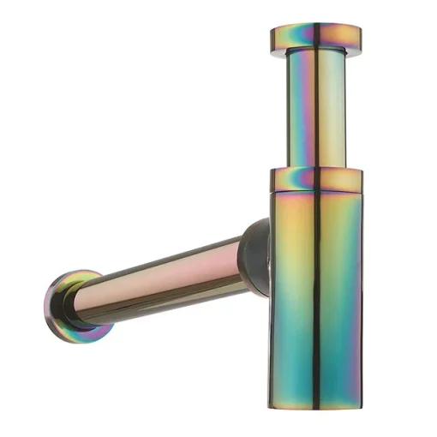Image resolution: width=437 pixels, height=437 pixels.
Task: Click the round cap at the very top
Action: [x=315, y=37]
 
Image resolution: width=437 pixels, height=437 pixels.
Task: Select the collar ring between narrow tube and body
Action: [x=315, y=178]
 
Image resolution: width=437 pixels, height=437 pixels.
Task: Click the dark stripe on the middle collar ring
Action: [x=314, y=178]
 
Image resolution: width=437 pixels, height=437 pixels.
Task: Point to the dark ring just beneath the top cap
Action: [x=315, y=53]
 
